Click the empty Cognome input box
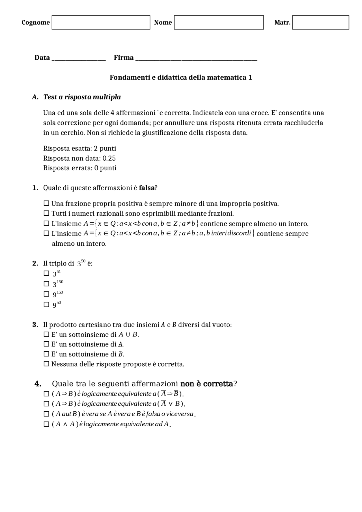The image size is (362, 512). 101,23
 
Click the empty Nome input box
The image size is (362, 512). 219,23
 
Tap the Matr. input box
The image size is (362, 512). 320,23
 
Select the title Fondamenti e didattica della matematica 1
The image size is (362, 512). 181,77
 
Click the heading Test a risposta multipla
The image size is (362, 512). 82,97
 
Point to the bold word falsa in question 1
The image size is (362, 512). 146,188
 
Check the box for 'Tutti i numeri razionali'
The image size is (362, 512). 46,213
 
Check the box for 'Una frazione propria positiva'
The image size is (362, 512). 46,203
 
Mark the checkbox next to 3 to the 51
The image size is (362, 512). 46,273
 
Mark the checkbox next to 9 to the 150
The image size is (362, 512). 46,294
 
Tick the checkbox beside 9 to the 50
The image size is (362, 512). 46,304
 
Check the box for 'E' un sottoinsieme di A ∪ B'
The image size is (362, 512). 46,334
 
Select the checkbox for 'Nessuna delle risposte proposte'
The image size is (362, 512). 46,364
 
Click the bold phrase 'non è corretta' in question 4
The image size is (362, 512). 206,384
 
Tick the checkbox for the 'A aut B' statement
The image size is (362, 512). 46,414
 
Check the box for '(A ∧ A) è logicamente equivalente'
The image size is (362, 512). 46,424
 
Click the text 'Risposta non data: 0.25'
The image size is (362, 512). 79,158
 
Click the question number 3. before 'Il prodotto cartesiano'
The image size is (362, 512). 35,325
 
